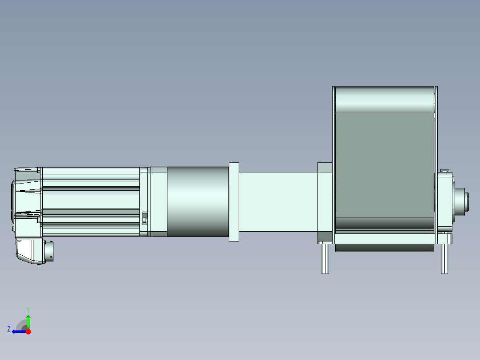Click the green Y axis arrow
(x=28, y=322)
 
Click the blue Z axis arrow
(x=19, y=331)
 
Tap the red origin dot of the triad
(x=28, y=331)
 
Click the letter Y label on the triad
(x=28, y=310)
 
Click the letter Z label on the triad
(x=9, y=329)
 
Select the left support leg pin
(x=325, y=258)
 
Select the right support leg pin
(x=444, y=258)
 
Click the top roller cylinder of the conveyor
(x=385, y=99)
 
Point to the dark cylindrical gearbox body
(x=198, y=201)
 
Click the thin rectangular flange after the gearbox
(x=234, y=201)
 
